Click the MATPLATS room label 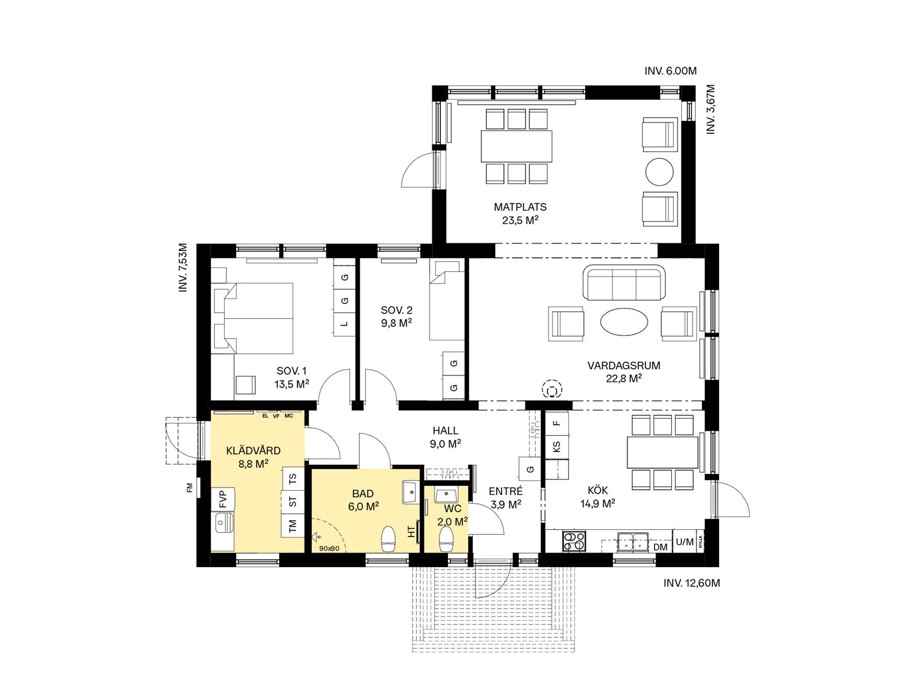point(520,207)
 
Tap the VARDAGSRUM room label point(623,366)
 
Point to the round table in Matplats point(659,172)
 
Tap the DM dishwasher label point(660,547)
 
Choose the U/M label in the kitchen point(684,542)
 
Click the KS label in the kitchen point(557,447)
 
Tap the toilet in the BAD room point(388,539)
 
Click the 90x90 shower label point(329,549)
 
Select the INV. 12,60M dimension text point(691,583)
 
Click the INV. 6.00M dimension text point(671,71)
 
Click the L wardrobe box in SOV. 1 point(345,324)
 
